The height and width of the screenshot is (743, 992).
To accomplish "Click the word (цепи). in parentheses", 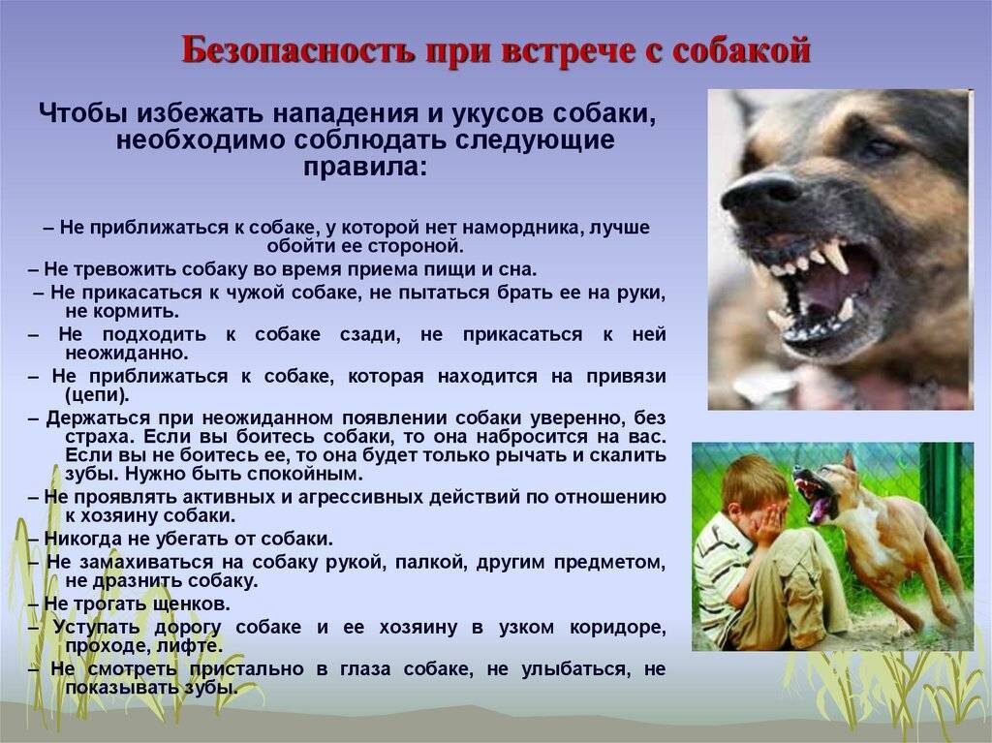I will [97, 395].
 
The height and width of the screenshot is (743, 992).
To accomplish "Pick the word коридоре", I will [619, 627].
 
